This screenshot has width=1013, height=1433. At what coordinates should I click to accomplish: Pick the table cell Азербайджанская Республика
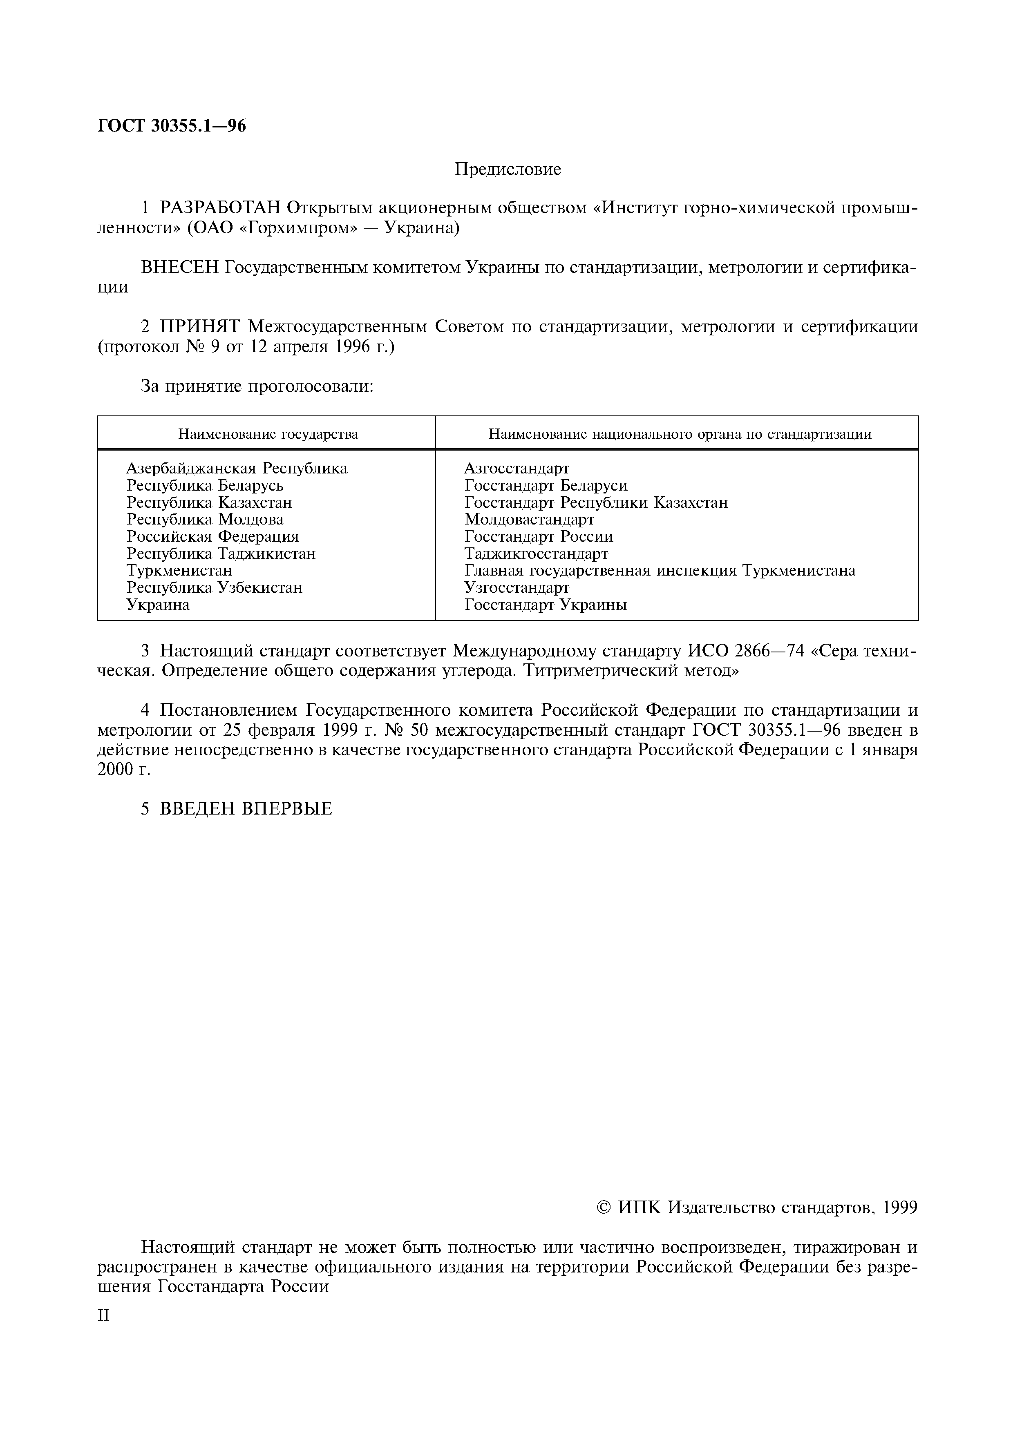tap(237, 468)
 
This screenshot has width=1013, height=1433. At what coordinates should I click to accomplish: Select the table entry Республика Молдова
tap(205, 519)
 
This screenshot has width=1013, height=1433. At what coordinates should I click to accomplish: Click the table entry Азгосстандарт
tap(517, 468)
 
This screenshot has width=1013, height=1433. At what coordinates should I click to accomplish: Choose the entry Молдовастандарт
tap(529, 519)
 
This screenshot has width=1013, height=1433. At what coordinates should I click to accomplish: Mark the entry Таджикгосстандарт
tap(536, 554)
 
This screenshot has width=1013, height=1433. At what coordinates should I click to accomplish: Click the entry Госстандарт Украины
tap(546, 605)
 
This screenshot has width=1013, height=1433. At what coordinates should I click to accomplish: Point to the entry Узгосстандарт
tap(517, 588)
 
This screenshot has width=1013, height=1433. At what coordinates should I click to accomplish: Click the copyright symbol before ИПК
tap(604, 1208)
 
